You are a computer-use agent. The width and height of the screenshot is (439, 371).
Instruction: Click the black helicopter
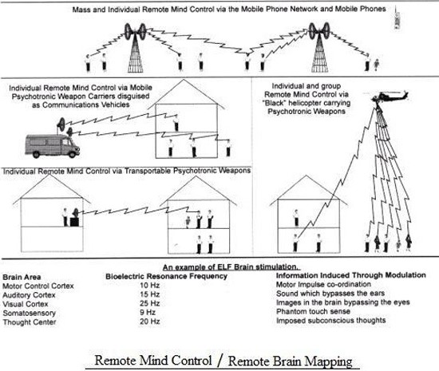(390, 97)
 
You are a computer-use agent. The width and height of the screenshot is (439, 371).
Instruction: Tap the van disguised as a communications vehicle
(53, 146)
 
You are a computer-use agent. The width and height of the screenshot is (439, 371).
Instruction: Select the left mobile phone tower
(135, 48)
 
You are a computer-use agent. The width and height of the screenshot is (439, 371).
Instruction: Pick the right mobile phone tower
(319, 48)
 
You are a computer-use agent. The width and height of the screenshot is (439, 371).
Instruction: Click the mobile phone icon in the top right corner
(397, 18)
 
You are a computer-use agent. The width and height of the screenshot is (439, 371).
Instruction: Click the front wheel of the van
(73, 154)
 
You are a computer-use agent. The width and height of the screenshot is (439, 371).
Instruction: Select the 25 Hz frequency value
(150, 303)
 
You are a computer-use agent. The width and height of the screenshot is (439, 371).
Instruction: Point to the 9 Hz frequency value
(148, 312)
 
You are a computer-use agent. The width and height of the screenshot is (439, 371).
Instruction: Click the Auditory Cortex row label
(29, 295)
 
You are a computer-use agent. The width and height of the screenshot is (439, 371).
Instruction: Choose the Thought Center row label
(30, 322)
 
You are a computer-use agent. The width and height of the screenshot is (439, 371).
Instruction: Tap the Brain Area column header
(22, 277)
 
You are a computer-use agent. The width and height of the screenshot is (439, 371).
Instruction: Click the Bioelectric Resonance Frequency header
(166, 276)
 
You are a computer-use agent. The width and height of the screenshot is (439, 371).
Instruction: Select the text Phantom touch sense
(313, 311)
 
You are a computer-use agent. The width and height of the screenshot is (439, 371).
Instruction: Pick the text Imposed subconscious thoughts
(331, 321)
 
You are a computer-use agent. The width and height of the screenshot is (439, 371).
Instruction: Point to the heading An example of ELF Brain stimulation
(231, 267)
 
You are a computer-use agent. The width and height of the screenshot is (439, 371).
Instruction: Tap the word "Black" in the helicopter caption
(274, 103)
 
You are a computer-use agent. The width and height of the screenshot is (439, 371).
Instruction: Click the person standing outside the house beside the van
(228, 148)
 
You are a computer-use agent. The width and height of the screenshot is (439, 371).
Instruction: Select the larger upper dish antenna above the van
(61, 124)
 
